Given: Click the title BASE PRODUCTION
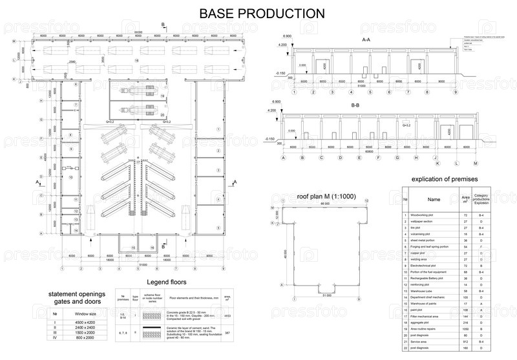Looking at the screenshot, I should click(262, 13).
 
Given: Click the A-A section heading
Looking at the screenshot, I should click(366, 40).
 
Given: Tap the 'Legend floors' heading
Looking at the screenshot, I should click(166, 282).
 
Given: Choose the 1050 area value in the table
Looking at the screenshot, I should click(465, 329).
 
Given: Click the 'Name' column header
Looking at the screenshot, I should click(433, 199).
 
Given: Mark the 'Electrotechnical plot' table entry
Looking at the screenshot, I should click(427, 265).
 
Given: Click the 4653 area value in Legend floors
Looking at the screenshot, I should click(226, 317).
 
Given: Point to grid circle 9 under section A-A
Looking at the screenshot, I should click(456, 92).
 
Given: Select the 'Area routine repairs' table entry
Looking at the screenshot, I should click(426, 329).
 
